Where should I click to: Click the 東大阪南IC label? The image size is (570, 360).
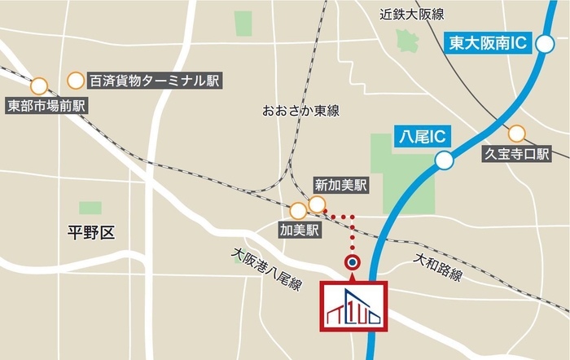[489, 42]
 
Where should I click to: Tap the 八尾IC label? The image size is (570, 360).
[418, 137]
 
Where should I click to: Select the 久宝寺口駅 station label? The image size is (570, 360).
[517, 153]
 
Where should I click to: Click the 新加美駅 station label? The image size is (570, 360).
[340, 185]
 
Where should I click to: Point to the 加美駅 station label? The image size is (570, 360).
[298, 230]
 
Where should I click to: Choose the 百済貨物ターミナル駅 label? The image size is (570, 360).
[155, 80]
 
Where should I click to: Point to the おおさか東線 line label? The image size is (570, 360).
[300, 110]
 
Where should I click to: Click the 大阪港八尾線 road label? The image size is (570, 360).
[266, 270]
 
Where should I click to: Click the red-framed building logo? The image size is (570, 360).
[355, 307]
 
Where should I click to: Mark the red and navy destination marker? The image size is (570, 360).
[353, 262]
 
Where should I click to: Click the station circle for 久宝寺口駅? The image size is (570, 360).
[516, 133]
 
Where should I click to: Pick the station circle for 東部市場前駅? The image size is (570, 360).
[38, 86]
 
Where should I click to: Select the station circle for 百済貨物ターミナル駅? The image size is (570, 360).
[76, 79]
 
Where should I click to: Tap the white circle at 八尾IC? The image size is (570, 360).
[444, 161]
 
